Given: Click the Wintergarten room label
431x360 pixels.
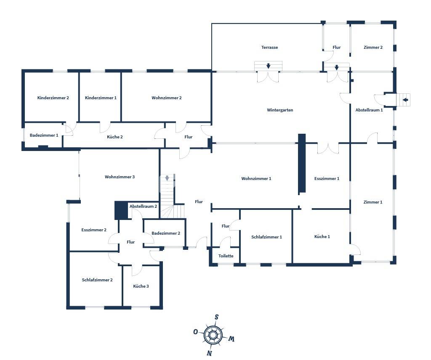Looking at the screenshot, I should (x=280, y=110).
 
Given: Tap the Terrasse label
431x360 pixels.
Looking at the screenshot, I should (x=269, y=48).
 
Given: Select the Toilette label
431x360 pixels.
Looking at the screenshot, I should (x=226, y=256).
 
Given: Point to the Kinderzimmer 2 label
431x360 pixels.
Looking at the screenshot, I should (x=53, y=98).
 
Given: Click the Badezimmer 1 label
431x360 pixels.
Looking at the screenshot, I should (x=44, y=135).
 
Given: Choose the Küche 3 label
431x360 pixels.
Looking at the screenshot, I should (x=141, y=286).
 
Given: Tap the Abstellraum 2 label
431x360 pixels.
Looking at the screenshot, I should (x=143, y=206).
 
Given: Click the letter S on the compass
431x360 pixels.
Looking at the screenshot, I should (x=216, y=317).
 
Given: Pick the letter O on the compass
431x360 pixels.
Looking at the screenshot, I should (x=196, y=332).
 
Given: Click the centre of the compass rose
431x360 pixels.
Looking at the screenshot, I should (x=213, y=335).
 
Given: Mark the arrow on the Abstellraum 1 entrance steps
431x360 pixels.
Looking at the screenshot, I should (x=405, y=100).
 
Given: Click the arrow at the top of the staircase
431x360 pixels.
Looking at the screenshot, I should (x=167, y=178).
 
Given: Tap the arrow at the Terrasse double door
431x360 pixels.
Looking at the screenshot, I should (x=268, y=66).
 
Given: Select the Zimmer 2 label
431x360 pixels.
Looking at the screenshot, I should (x=373, y=48).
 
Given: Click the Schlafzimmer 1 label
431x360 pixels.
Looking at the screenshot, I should (x=266, y=237).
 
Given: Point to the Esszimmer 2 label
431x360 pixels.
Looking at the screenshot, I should (x=94, y=230).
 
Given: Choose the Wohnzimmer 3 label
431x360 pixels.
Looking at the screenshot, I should (x=120, y=177).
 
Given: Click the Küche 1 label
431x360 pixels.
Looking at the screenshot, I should (x=322, y=237).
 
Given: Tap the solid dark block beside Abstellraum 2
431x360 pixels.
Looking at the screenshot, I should (x=121, y=210).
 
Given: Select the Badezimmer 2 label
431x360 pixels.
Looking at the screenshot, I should (x=166, y=233).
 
